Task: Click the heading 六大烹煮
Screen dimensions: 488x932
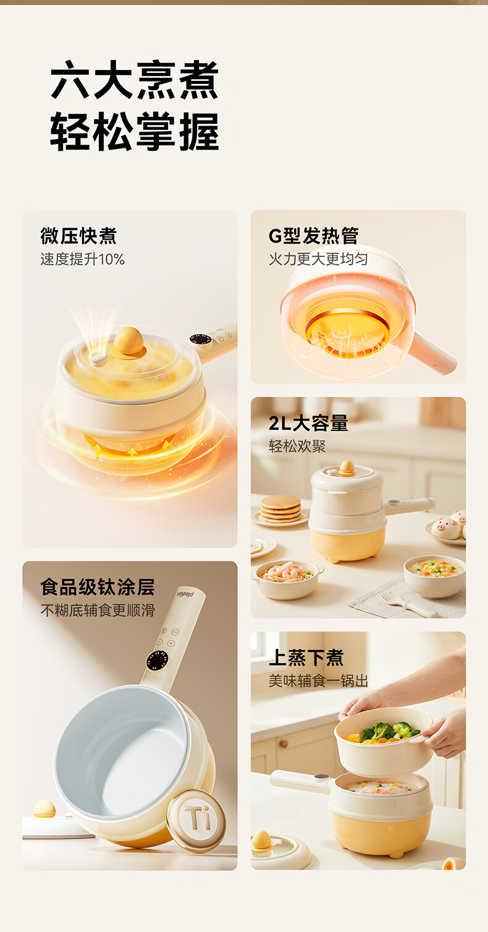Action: (135, 80)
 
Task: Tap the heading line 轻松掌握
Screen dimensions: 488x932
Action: (135, 131)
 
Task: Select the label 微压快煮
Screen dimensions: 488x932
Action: (78, 236)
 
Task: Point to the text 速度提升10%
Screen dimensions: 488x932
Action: (82, 259)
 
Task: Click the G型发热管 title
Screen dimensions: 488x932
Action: (313, 236)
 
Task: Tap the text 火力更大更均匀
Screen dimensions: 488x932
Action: (318, 259)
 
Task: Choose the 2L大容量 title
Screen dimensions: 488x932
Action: (308, 423)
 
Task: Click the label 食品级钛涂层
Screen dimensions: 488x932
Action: (98, 587)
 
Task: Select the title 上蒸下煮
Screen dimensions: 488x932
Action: (306, 658)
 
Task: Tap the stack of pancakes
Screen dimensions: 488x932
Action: (280, 509)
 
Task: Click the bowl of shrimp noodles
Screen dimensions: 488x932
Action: (286, 579)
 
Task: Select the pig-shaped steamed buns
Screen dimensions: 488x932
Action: (449, 525)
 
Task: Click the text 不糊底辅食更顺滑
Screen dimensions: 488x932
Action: (98, 611)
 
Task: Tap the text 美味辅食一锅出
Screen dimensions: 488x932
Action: (318, 681)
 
